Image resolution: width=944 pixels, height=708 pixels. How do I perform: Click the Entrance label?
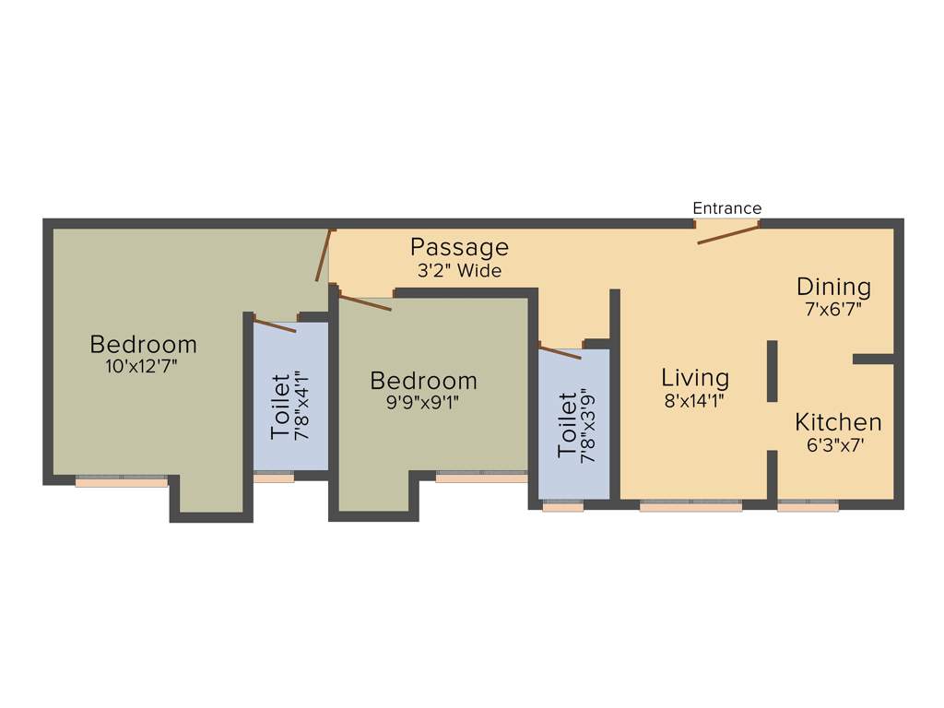point(727,208)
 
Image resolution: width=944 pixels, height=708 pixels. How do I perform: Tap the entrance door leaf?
point(727,234)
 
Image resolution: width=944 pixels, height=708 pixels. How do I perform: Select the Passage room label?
point(459,247)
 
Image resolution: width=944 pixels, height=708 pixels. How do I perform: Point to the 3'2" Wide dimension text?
point(459,271)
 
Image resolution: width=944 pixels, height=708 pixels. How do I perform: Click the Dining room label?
point(833,286)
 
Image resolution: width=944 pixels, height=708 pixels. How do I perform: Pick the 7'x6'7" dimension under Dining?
point(833,310)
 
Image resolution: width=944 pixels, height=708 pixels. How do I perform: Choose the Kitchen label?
point(838,422)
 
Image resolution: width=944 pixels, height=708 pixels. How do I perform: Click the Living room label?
point(695,377)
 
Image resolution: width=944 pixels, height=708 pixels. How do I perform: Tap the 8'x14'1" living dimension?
point(695,401)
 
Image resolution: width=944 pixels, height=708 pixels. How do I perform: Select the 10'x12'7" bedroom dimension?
point(143,366)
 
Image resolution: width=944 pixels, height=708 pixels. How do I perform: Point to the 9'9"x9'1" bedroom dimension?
point(423,403)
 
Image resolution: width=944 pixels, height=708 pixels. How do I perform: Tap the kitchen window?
point(808,505)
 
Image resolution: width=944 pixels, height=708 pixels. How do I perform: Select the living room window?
point(690,505)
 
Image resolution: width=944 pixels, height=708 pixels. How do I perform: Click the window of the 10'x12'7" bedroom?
point(121,480)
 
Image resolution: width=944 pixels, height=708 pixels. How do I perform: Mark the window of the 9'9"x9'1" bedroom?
point(481,477)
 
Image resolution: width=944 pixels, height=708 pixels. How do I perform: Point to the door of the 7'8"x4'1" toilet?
point(275,324)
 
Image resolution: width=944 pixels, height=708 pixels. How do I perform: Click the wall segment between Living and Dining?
point(772,371)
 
